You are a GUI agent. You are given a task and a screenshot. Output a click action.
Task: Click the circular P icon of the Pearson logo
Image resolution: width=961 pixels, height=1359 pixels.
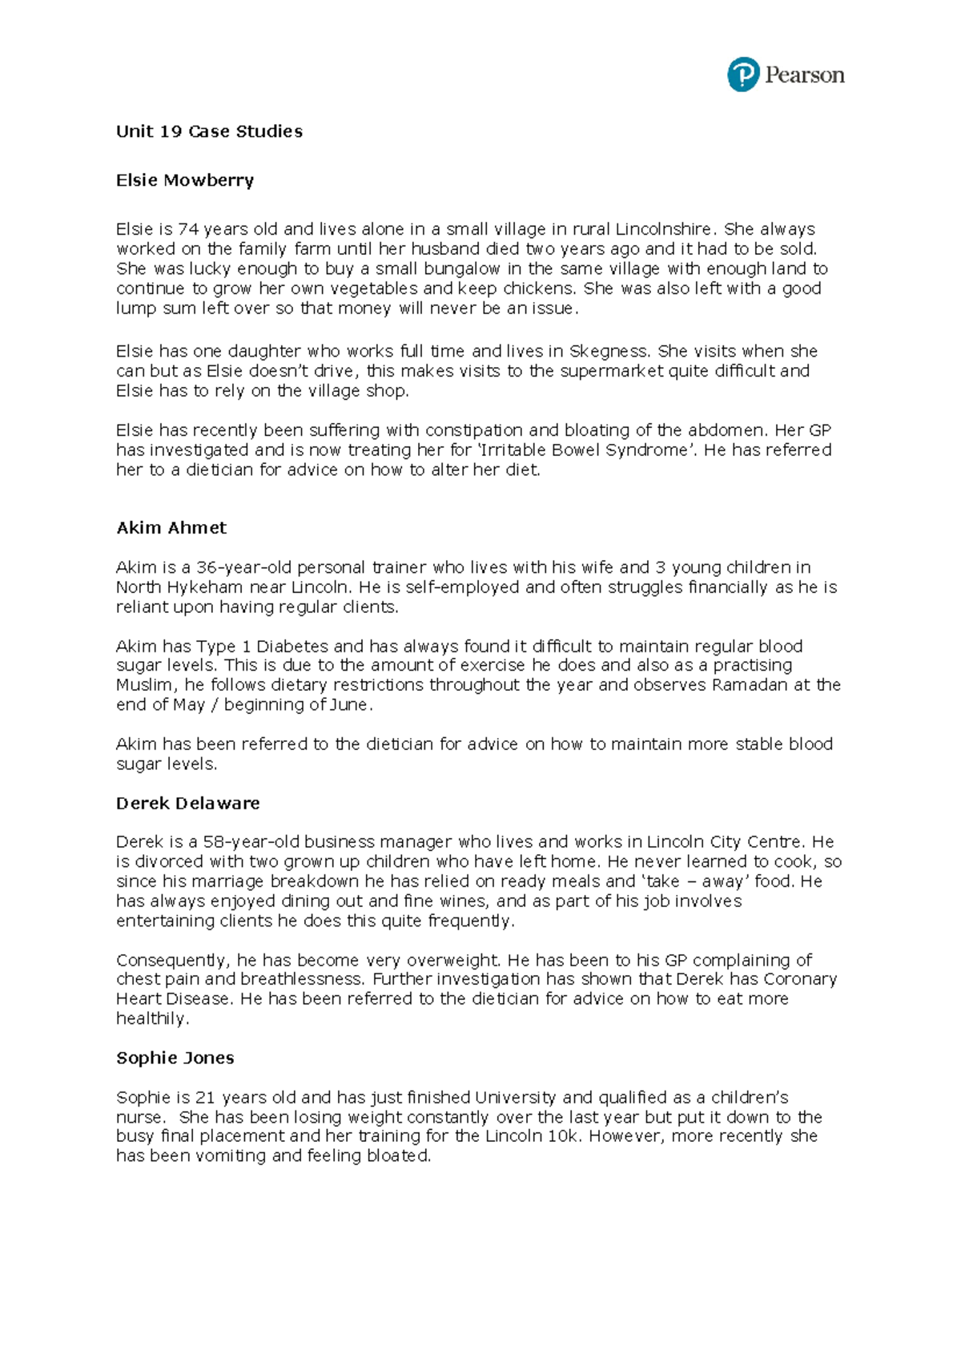[x=742, y=75]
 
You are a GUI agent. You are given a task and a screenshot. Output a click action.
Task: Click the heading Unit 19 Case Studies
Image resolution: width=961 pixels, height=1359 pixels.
[x=209, y=131]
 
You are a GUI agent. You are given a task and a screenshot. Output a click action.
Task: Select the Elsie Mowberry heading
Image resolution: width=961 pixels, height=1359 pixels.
[x=185, y=180]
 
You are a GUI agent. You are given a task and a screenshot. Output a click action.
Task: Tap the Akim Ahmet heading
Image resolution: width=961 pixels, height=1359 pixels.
[x=171, y=528]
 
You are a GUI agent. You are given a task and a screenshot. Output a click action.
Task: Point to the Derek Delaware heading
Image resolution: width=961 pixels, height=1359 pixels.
[x=188, y=804]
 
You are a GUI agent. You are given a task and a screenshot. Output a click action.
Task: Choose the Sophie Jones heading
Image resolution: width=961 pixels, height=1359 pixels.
[x=175, y=1059]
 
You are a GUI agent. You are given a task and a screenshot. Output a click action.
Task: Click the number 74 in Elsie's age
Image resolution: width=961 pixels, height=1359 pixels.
[x=187, y=229]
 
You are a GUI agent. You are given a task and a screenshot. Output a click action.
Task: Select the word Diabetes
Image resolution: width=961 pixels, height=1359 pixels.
[x=292, y=647]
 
